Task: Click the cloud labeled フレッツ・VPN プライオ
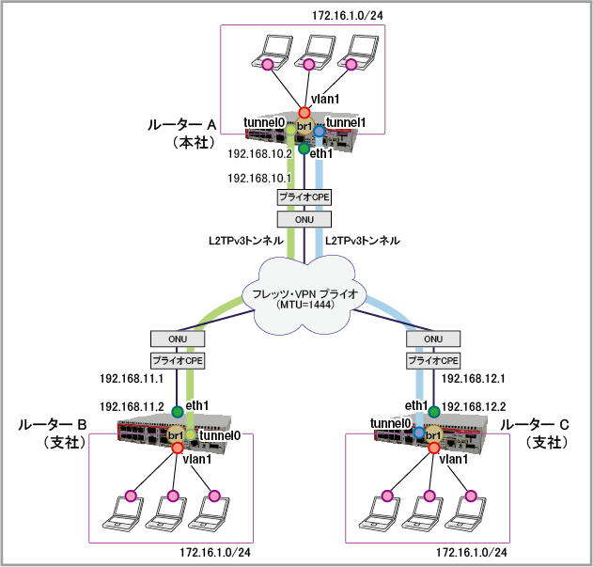click(304, 296)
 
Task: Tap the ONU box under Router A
click(304, 218)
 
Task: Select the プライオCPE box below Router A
click(304, 197)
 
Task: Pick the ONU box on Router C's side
click(433, 339)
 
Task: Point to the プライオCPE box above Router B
click(177, 360)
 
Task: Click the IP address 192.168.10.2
click(259, 155)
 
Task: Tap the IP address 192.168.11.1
click(132, 379)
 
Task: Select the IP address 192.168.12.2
click(475, 406)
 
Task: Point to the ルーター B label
click(53, 426)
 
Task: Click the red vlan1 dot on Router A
click(304, 112)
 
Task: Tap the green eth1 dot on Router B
click(177, 411)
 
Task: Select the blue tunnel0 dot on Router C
click(419, 433)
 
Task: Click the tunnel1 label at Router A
click(346, 122)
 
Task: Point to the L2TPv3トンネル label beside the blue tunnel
click(363, 241)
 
